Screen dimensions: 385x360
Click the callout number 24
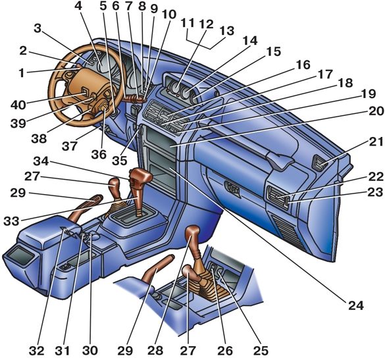tap(355, 305)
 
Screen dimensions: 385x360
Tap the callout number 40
tap(18, 105)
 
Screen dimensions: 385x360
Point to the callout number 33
tap(11, 221)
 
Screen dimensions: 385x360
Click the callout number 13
tap(227, 31)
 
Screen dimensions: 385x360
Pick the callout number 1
tap(22, 73)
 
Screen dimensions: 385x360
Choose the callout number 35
tap(120, 161)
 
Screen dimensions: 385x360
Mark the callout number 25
tap(261, 350)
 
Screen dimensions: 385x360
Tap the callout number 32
tap(37, 350)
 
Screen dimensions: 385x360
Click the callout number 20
tap(376, 111)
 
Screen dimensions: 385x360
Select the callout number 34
tap(41, 161)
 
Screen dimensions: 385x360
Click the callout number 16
tap(303, 65)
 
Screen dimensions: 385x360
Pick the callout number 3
tap(38, 29)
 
